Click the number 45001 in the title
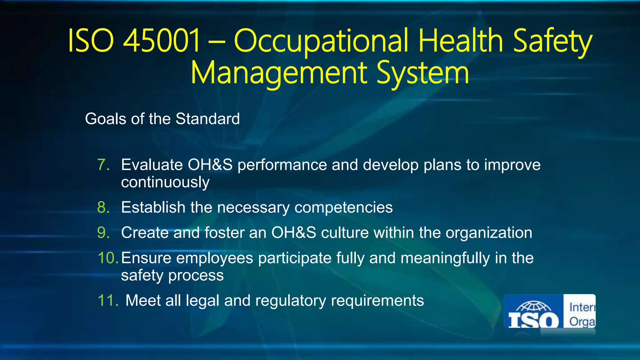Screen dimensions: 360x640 [x=162, y=41]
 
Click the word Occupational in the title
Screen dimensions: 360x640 [x=321, y=41]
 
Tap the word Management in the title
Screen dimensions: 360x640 [x=279, y=73]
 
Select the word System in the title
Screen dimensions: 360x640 [x=422, y=73]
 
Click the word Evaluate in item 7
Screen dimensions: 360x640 [x=152, y=165]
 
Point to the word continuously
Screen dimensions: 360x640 [x=165, y=182]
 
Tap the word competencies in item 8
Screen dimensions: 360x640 [x=343, y=207]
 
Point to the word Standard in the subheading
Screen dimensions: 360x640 [x=207, y=119]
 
